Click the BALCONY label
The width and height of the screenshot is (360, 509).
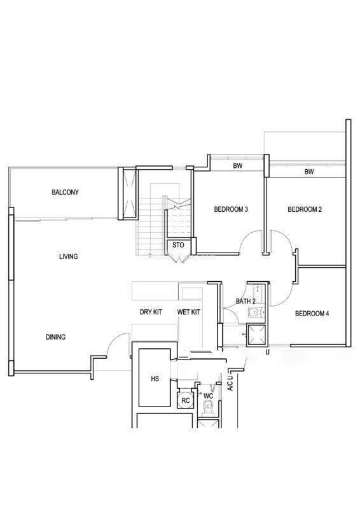pyautogui.click(x=65, y=192)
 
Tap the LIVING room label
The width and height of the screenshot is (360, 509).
pyautogui.click(x=69, y=256)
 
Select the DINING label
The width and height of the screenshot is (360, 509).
pyautogui.click(x=55, y=337)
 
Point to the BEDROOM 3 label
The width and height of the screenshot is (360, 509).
pyautogui.click(x=231, y=209)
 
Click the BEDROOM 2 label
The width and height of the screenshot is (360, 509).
pyautogui.click(x=305, y=209)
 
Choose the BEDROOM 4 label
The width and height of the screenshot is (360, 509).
pyautogui.click(x=312, y=314)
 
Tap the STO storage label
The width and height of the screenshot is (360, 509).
pyautogui.click(x=178, y=245)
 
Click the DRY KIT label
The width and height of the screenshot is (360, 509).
pyautogui.click(x=151, y=312)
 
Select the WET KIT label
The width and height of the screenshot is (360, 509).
pyautogui.click(x=189, y=312)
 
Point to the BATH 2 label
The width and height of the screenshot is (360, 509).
pyautogui.click(x=246, y=301)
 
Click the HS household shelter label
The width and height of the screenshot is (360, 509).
pyautogui.click(x=155, y=379)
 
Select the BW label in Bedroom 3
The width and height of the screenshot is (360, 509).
pyautogui.click(x=238, y=165)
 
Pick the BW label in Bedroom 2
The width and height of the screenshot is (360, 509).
pyautogui.click(x=309, y=171)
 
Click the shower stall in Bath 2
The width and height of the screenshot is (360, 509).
pyautogui.click(x=256, y=334)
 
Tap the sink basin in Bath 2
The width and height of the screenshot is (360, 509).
pyautogui.click(x=255, y=312)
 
